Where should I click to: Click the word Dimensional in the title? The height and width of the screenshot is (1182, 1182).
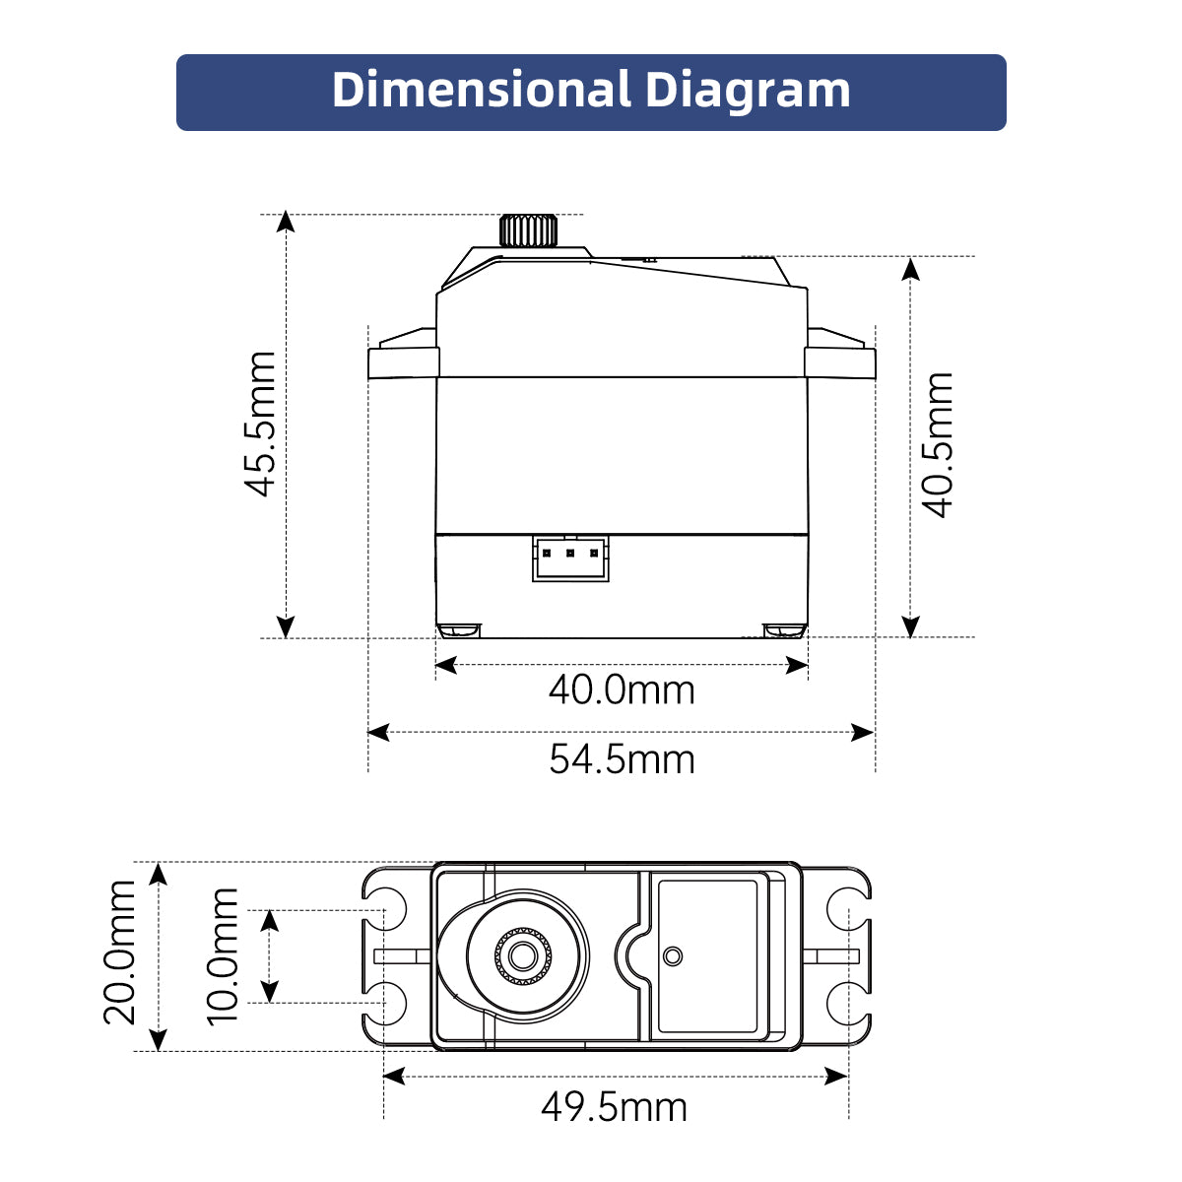click(x=481, y=91)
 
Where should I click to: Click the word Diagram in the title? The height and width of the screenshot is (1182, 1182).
click(x=748, y=91)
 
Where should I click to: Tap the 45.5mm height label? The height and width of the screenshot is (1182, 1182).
click(x=261, y=424)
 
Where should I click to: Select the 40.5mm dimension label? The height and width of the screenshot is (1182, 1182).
click(x=938, y=445)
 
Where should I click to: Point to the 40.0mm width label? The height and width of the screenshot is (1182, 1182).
click(x=622, y=689)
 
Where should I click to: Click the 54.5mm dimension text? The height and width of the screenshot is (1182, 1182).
click(x=622, y=759)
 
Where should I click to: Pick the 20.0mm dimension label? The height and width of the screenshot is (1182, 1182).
click(x=121, y=952)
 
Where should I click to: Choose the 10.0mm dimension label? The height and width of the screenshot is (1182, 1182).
click(x=224, y=955)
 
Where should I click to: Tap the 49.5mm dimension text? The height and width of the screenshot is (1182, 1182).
click(x=614, y=1107)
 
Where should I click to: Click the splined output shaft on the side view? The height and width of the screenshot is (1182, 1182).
click(x=528, y=230)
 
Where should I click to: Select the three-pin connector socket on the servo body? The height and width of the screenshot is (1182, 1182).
click(x=570, y=558)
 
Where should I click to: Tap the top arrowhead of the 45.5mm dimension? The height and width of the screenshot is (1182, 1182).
click(x=286, y=221)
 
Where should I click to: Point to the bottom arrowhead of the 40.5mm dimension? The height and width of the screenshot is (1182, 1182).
click(x=911, y=626)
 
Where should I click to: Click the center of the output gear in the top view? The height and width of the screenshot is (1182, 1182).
click(x=522, y=955)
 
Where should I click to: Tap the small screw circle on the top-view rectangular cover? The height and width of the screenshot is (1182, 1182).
click(x=673, y=955)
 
